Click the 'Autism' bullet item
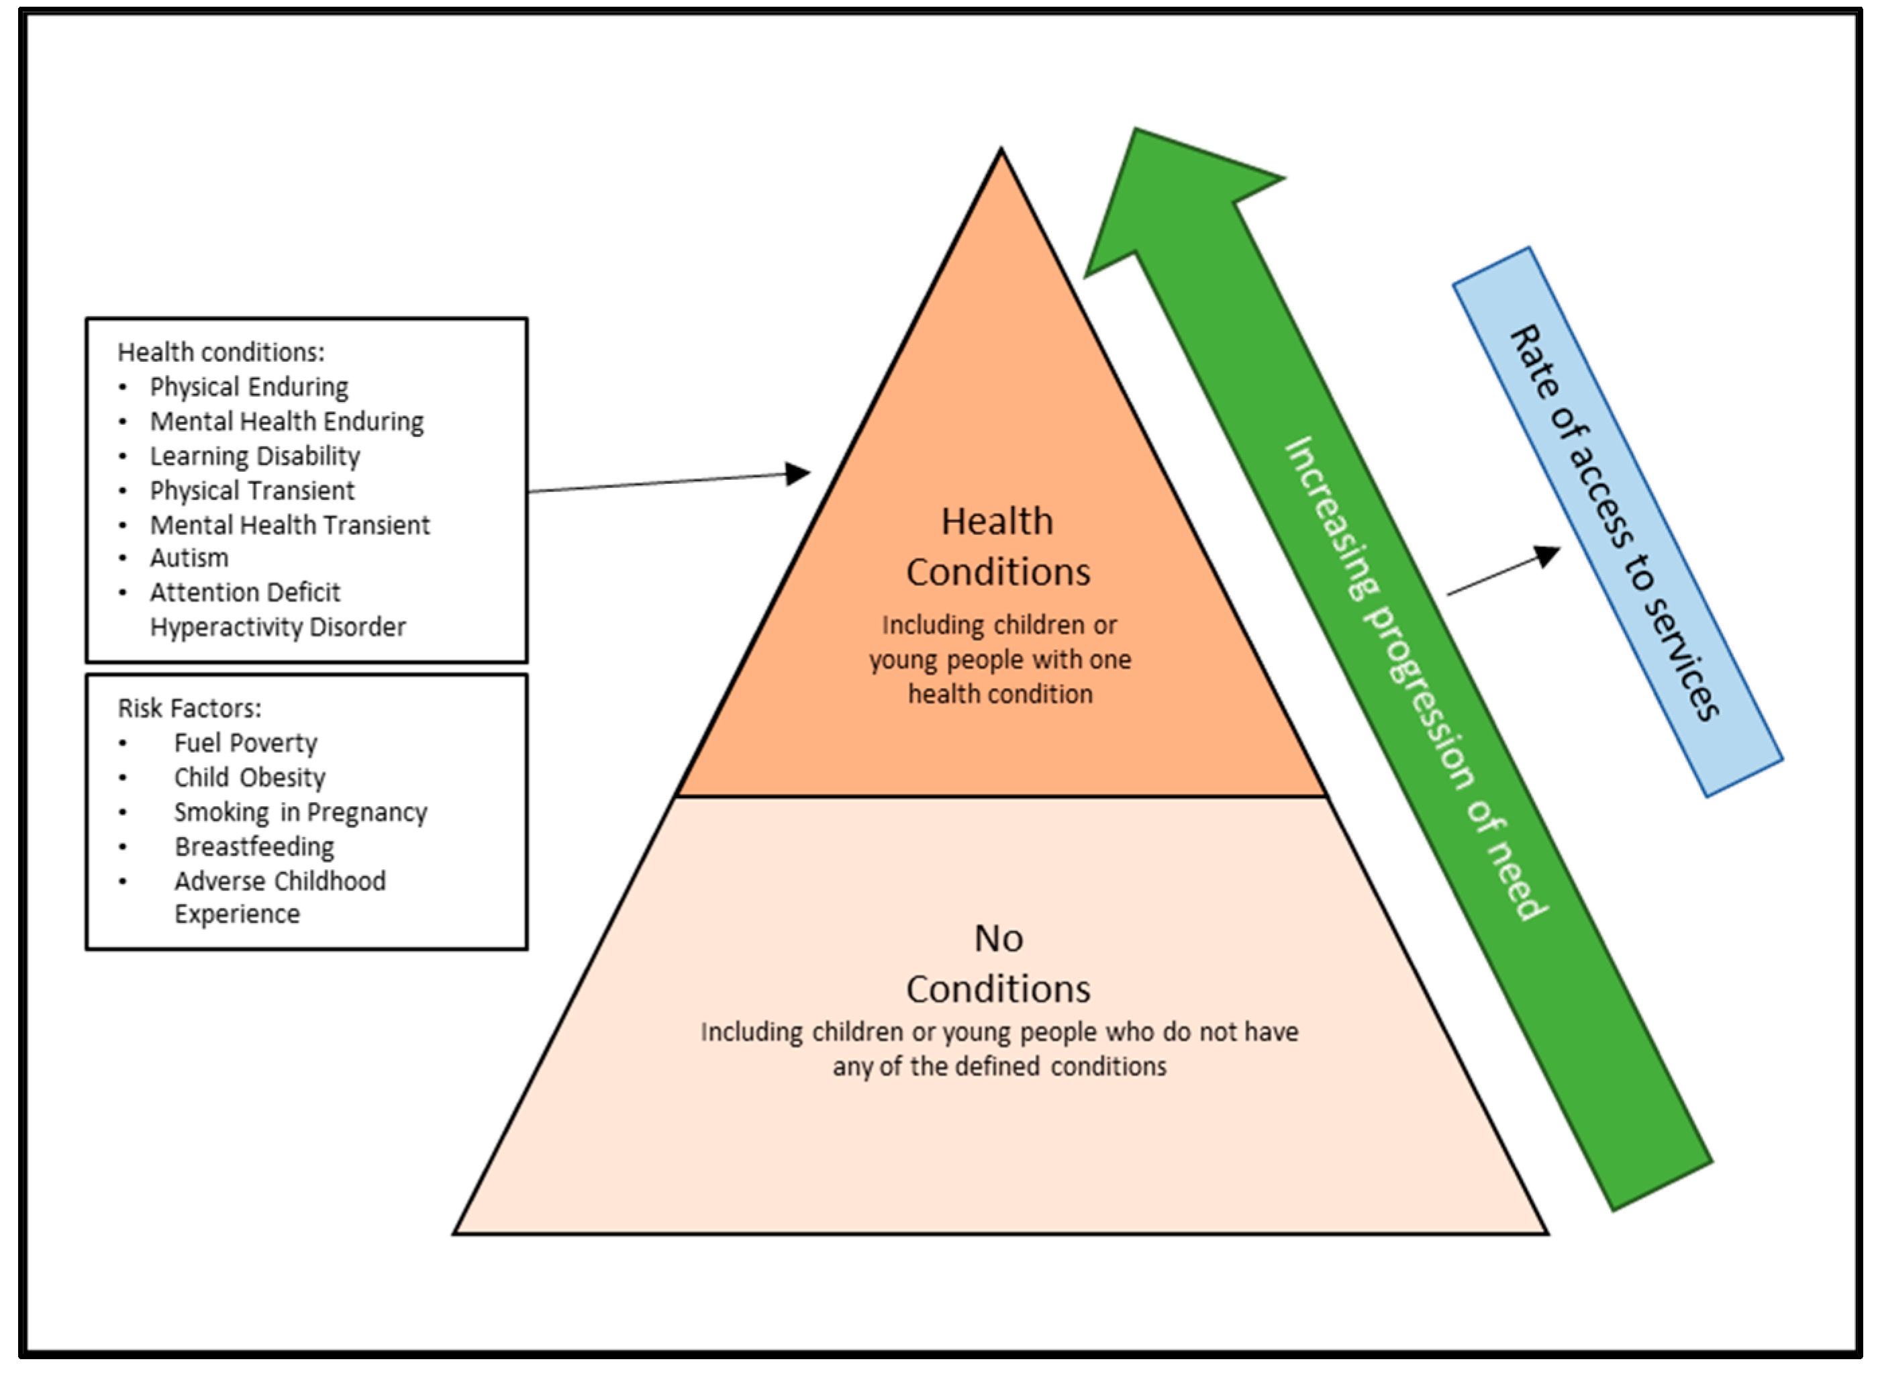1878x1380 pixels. pyautogui.click(x=189, y=558)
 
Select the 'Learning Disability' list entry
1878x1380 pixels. pyautogui.click(x=255, y=456)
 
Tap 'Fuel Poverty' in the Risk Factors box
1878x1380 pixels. pyautogui.click(x=246, y=742)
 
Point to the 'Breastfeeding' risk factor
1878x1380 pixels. pyautogui.click(x=254, y=846)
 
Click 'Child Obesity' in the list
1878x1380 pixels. pyautogui.click(x=249, y=778)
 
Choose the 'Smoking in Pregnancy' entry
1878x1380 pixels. pyautogui.click(x=300, y=812)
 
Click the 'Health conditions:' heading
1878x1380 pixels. pyautogui.click(x=221, y=352)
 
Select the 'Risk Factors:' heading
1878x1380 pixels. pyautogui.click(x=189, y=708)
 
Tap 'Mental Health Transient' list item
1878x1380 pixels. pyautogui.click(x=289, y=526)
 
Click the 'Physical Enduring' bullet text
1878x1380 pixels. pyautogui.click(x=249, y=387)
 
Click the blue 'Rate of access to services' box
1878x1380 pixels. pyautogui.click(x=1618, y=522)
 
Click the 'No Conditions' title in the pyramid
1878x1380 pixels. pyautogui.click(x=998, y=963)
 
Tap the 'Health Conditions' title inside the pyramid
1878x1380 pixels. pyautogui.click(x=998, y=546)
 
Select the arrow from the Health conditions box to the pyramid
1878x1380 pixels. pyautogui.click(x=669, y=482)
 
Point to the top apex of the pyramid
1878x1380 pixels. pyautogui.click(x=1001, y=152)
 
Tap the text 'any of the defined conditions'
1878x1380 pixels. pyautogui.click(x=999, y=1067)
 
